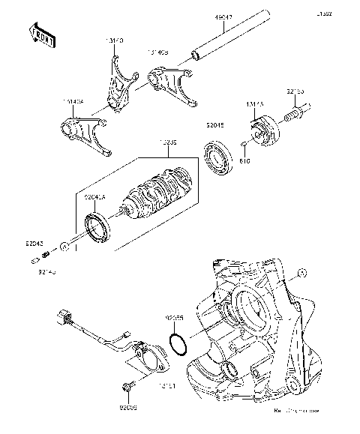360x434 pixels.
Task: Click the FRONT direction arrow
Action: (x=42, y=35)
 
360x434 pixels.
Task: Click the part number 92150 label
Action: (x=295, y=91)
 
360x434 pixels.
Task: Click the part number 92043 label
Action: (x=34, y=244)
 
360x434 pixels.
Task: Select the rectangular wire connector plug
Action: (x=62, y=318)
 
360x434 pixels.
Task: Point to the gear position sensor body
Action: (x=148, y=356)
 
